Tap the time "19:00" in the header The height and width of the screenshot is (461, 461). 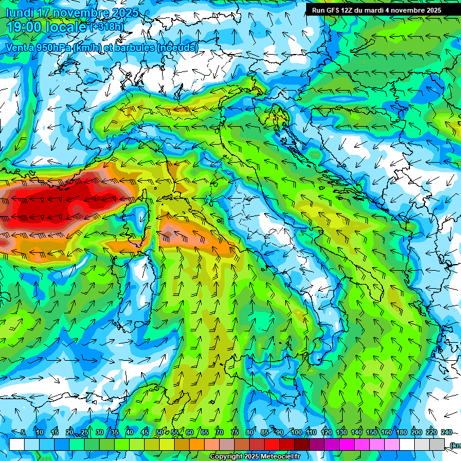[x=23, y=26]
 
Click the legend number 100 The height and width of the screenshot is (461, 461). [x=297, y=432]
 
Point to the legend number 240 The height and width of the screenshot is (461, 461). [x=446, y=432]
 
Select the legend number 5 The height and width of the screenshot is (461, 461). [x=23, y=432]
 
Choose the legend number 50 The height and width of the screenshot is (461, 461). [x=160, y=432]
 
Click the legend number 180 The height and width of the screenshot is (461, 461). [x=400, y=432]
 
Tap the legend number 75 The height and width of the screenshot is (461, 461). [x=235, y=432]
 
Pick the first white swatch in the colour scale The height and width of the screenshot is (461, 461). [x=17, y=445]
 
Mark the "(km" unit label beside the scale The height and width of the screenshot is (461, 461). [x=455, y=445]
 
